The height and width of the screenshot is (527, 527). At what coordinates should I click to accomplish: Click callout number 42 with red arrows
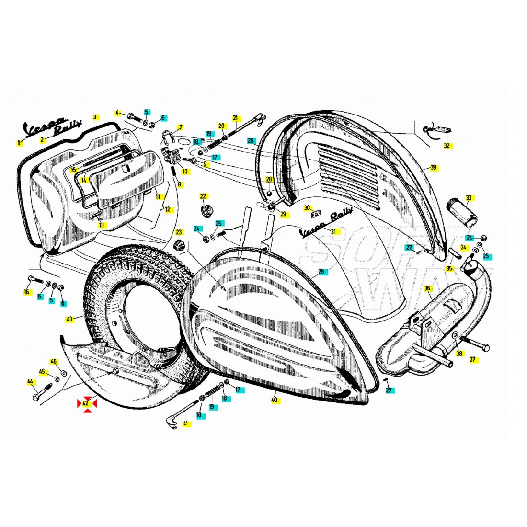click(x=86, y=403)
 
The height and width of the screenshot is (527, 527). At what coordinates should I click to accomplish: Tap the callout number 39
click(x=433, y=168)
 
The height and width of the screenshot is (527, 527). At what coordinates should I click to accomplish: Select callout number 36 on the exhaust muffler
click(x=427, y=289)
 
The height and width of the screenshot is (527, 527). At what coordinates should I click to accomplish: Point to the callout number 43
click(x=70, y=319)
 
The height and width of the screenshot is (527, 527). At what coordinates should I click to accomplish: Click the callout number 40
click(x=275, y=399)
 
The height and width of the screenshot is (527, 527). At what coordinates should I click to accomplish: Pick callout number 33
click(x=469, y=198)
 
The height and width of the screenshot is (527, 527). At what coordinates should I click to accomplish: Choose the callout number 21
click(x=235, y=118)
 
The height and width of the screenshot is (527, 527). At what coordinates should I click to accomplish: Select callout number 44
click(x=31, y=382)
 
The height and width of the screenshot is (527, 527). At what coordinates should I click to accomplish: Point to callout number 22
click(x=203, y=196)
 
